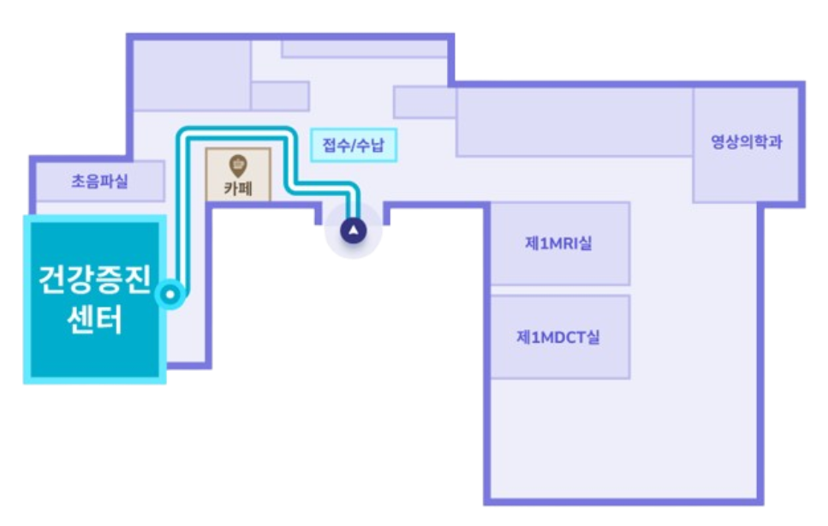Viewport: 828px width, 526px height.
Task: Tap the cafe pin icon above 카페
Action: coord(238,163)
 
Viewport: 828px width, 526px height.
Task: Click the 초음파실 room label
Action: coord(99,182)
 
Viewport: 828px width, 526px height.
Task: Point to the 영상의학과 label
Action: coord(747,142)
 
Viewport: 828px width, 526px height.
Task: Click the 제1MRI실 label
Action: coord(558,243)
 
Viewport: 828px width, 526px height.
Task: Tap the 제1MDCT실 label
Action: coord(558,337)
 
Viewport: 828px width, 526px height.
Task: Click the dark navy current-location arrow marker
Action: coord(353,230)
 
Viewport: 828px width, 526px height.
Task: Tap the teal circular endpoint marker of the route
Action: coord(172,296)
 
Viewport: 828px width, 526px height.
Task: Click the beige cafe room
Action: coord(238,175)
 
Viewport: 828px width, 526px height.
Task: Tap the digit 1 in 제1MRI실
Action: coord(544,243)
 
